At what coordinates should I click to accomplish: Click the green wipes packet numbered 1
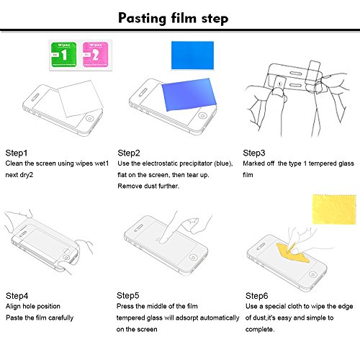pos(64,55)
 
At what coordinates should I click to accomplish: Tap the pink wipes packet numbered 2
pos(95,55)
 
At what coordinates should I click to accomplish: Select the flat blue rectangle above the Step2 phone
pos(192,55)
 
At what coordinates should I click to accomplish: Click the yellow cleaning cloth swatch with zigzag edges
pos(334,210)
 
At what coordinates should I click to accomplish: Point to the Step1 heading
pos(17,153)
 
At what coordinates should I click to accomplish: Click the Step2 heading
pos(129,153)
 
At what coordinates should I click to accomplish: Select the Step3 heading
pos(254,153)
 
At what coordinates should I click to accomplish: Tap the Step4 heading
pos(17,296)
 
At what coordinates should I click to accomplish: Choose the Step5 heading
pos(128,296)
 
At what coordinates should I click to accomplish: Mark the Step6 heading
pos(256,296)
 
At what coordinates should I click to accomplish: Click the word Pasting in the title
pos(142,19)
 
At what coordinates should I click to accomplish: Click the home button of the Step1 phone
pos(90,119)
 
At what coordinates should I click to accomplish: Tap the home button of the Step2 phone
pos(202,116)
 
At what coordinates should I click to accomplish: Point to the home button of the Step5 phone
pos(193,258)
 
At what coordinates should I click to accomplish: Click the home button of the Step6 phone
pos(312,274)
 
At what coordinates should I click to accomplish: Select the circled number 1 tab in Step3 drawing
pos(279,84)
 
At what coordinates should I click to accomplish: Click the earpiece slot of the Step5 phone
pos(139,228)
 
